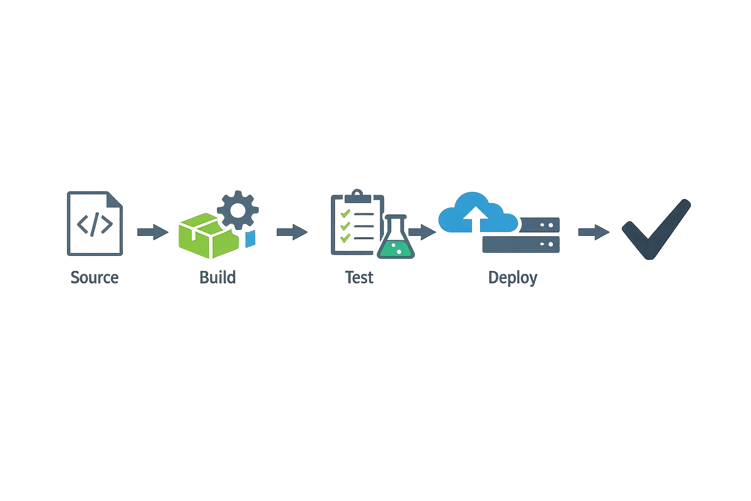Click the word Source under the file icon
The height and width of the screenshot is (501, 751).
(94, 277)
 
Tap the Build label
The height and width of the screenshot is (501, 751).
(217, 277)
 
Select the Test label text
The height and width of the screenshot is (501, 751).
(359, 277)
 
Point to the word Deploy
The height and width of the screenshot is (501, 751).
(512, 277)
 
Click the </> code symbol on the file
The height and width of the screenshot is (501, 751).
(94, 224)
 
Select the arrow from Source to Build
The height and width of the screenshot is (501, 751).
(152, 232)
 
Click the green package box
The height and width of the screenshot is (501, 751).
(206, 236)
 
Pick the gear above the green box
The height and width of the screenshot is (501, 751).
(238, 210)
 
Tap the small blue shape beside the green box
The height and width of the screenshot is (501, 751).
(250, 239)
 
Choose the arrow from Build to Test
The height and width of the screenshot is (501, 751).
(291, 232)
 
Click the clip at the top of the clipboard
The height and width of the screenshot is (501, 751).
(357, 196)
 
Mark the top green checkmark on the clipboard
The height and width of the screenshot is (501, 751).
(345, 213)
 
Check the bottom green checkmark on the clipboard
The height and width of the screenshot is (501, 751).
(345, 238)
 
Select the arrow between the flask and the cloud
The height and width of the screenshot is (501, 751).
(422, 232)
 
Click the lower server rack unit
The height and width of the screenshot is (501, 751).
(520, 244)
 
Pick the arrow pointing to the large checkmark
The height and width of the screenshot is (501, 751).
(592, 232)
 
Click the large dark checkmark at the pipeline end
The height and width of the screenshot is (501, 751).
(655, 230)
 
